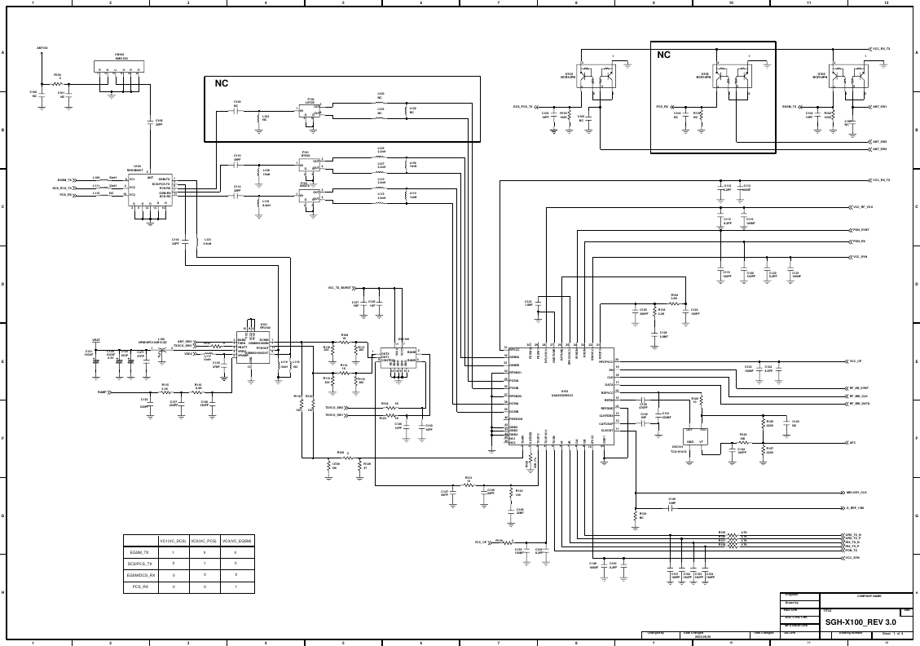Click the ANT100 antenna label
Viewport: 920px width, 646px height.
pyautogui.click(x=42, y=48)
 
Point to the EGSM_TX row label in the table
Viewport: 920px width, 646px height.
pyautogui.click(x=140, y=553)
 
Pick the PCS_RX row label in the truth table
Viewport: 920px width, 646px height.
pyautogui.click(x=140, y=587)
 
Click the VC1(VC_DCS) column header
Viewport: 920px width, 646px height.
pyautogui.click(x=173, y=541)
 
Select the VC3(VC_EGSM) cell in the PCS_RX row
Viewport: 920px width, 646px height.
pyautogui.click(x=236, y=587)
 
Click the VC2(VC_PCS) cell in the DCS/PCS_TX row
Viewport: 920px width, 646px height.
pyautogui.click(x=205, y=564)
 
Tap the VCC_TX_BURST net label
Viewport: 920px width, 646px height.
pyautogui.click(x=340, y=288)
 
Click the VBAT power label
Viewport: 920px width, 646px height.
pyautogui.click(x=95, y=338)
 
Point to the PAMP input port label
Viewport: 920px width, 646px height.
pyautogui.click(x=103, y=392)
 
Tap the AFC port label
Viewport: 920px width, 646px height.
pyautogui.click(x=852, y=443)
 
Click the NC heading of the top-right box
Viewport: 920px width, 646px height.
pyautogui.click(x=663, y=55)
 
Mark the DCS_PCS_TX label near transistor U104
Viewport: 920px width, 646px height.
pyautogui.click(x=522, y=107)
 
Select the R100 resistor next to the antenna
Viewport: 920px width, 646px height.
pyautogui.click(x=57, y=82)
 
